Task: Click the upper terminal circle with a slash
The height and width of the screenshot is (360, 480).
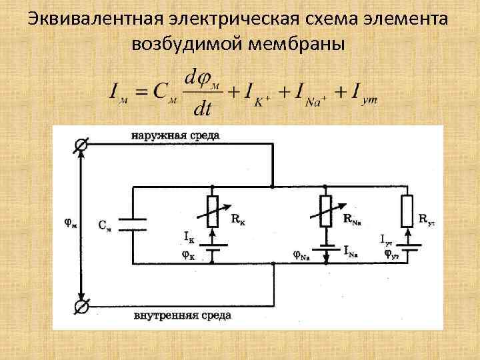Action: pos(81,145)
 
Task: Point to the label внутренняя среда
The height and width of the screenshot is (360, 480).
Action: pos(182,314)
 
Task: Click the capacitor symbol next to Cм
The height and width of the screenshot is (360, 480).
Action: pos(133,225)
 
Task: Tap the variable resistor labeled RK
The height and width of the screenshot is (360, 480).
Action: pos(213,211)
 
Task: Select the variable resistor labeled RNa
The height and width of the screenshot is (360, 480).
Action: pos(326,211)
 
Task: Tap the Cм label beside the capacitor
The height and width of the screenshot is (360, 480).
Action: pos(105,225)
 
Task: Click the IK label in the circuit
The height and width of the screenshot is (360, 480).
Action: pos(189,236)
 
